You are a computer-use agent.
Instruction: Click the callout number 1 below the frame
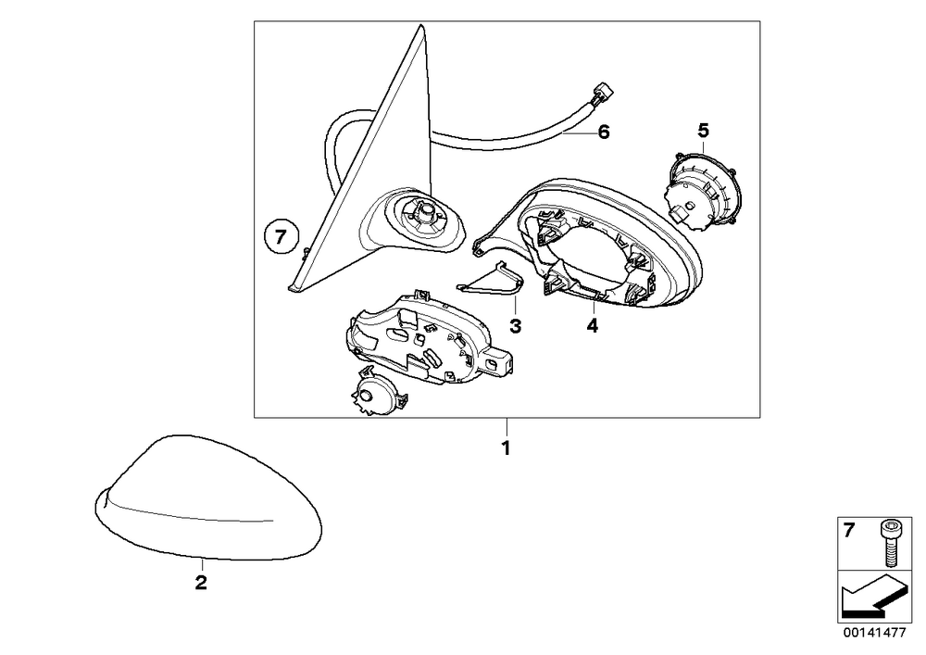pos(506,448)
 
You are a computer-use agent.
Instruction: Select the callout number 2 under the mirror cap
pos(201,583)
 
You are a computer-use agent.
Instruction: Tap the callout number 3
pos(516,325)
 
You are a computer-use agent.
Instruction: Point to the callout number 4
pos(593,325)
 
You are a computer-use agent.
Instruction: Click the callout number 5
pos(703,130)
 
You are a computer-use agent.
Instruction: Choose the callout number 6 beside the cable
pos(603,132)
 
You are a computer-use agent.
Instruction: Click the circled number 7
pos(281,238)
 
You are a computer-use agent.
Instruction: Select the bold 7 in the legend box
pos(848,531)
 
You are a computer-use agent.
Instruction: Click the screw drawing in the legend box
pos(888,545)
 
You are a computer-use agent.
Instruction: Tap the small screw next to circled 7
pos(303,253)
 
